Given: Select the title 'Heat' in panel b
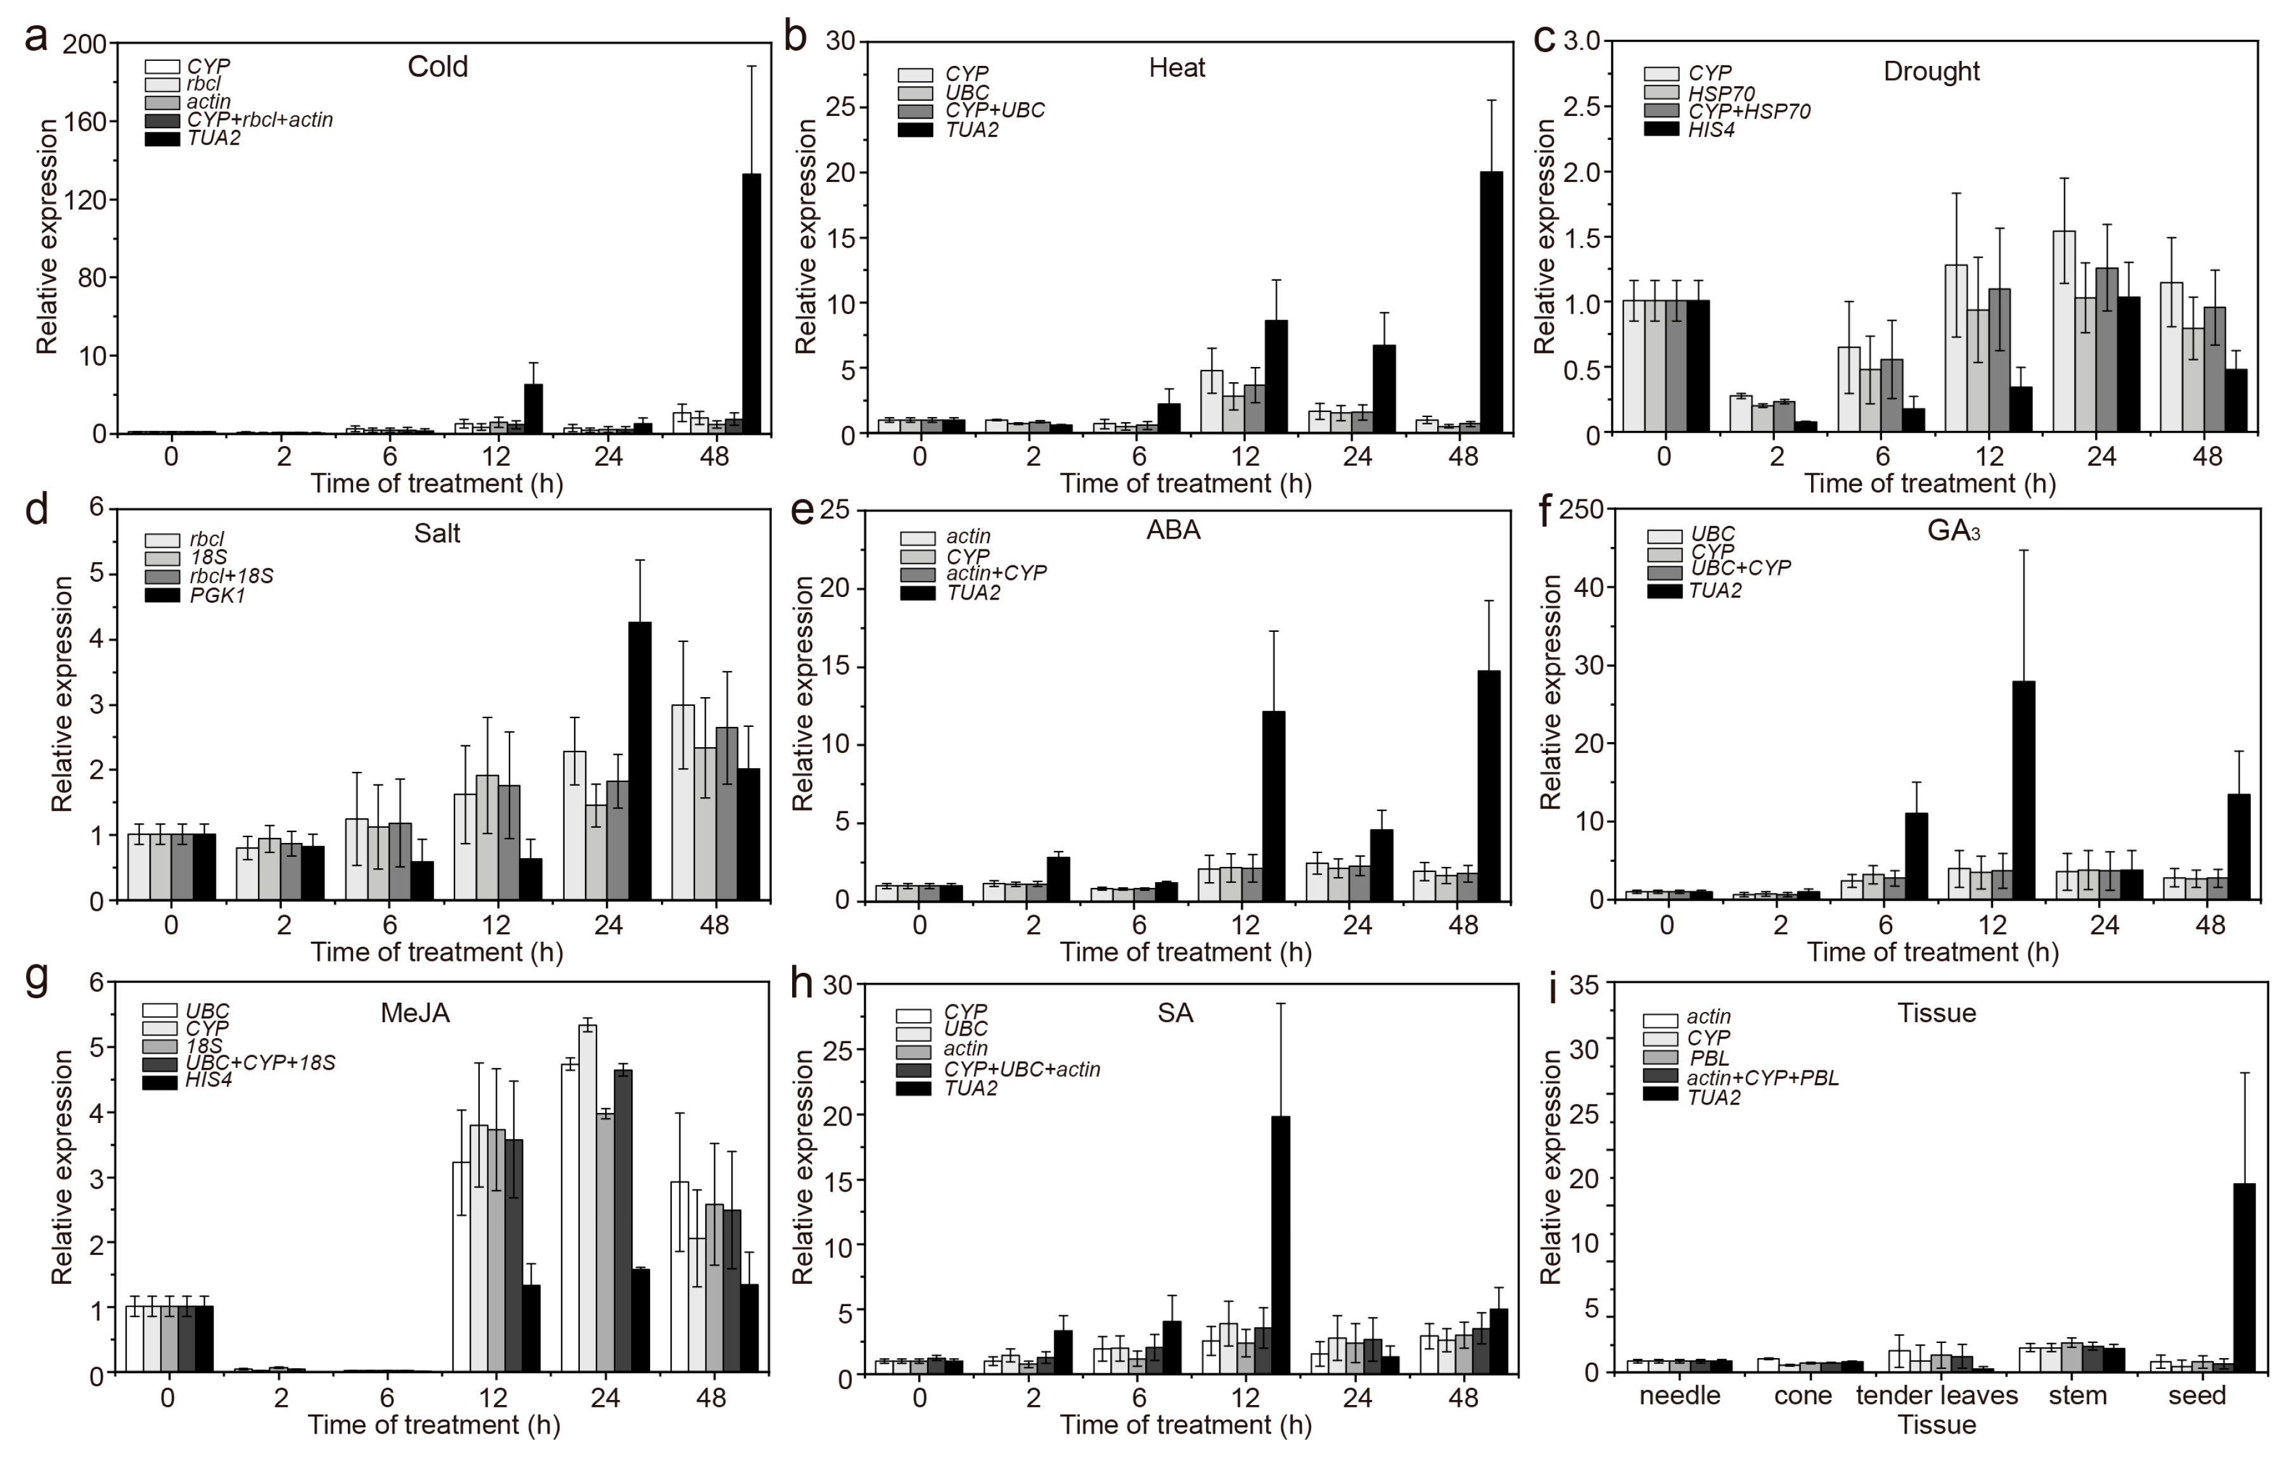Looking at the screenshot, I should tap(1177, 68).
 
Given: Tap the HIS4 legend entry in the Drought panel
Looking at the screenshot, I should tap(1711, 129).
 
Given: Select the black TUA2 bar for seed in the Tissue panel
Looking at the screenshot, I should tap(2245, 1277).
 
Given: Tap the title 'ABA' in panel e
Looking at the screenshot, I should tap(1173, 530).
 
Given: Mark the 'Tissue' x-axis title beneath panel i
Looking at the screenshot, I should tap(1936, 1425).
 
